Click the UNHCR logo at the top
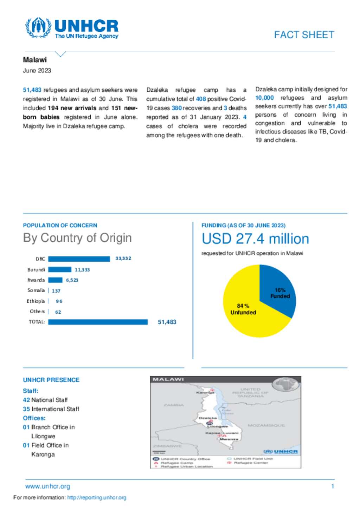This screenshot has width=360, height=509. click(x=72, y=28)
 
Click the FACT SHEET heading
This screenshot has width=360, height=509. click(x=304, y=35)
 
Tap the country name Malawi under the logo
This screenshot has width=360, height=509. click(x=35, y=60)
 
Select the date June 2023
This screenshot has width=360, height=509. click(x=37, y=71)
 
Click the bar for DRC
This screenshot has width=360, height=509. click(x=79, y=259)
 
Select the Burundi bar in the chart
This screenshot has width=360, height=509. click(x=59, y=270)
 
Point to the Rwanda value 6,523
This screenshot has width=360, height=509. click(x=72, y=280)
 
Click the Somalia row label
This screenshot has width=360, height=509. click(x=36, y=291)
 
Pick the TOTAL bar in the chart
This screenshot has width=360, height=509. click(x=98, y=322)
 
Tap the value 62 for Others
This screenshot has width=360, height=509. click(x=58, y=312)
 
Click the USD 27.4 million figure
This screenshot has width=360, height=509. click(x=255, y=239)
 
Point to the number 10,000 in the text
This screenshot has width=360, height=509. click(x=264, y=98)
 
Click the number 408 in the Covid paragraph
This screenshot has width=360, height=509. click(x=201, y=99)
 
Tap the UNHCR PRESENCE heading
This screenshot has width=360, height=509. click(x=51, y=380)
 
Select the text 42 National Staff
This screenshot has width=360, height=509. click(x=45, y=400)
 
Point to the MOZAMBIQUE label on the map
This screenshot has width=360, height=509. click(x=266, y=425)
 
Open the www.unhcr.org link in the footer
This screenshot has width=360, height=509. click(x=48, y=487)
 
